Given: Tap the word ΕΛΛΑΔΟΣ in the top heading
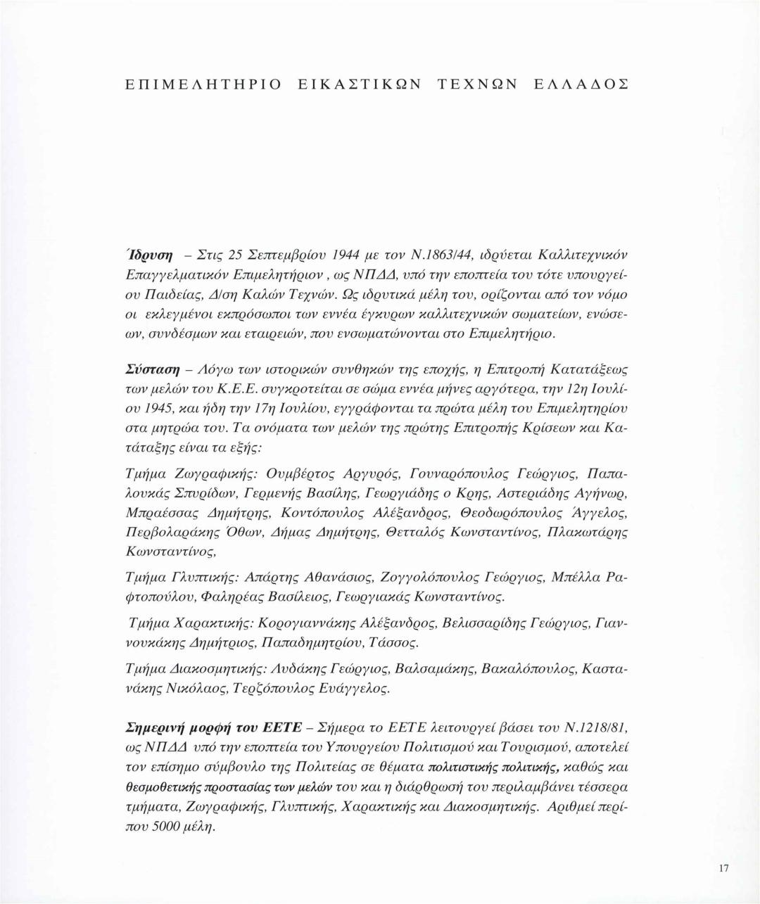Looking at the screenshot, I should (581, 84).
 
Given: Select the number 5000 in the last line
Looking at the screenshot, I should (170, 827).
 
